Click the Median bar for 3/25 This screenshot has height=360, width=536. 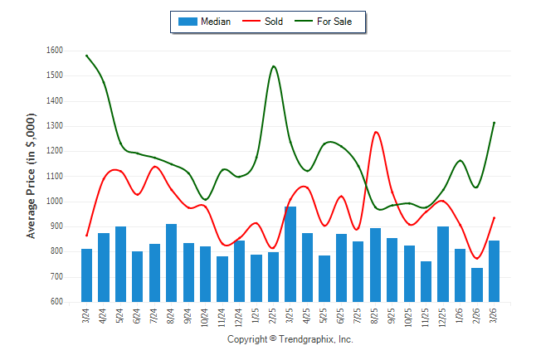tap(290, 254)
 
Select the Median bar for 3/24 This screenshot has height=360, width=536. tap(87, 275)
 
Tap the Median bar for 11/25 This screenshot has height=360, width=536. tap(426, 281)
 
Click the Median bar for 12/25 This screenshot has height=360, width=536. tap(443, 264)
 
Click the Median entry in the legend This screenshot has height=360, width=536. tap(205, 22)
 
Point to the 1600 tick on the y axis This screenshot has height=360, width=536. tap(54, 51)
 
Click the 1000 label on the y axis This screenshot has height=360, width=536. tap(54, 202)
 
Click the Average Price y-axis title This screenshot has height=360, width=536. tap(32, 177)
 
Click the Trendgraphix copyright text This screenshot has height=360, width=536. tap(290, 339)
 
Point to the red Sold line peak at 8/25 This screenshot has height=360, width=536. tap(377, 132)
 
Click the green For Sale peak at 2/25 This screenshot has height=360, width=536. tap(274, 66)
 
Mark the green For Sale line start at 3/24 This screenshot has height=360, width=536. tap(87, 56)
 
